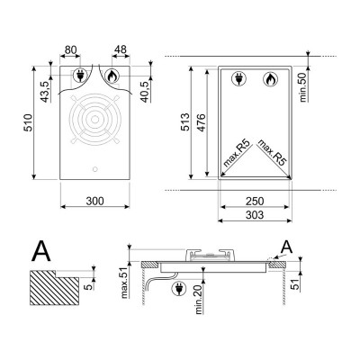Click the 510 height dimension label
tap(28, 122)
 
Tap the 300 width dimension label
tap(94, 201)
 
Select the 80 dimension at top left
tap(71, 49)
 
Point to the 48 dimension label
tap(121, 49)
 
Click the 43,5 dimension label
tap(45, 92)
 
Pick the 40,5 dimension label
tap(146, 92)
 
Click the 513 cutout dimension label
tap(185, 122)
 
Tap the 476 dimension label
tap(201, 122)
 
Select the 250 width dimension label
tap(255, 201)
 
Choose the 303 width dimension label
tap(255, 215)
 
